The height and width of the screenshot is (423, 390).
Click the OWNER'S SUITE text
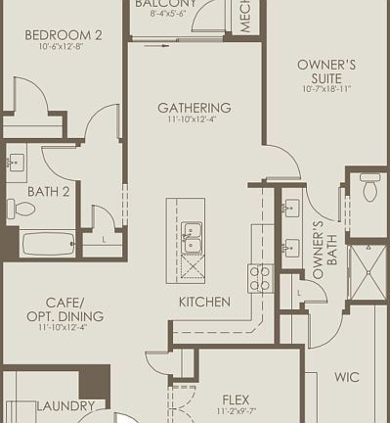click(x=325, y=70)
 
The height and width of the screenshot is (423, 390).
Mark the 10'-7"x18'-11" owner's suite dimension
click(x=325, y=88)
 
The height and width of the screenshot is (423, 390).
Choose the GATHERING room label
click(x=194, y=108)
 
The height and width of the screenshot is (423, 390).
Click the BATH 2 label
click(x=48, y=192)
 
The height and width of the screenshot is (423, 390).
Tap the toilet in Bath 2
click(x=22, y=208)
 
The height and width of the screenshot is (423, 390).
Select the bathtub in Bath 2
click(x=47, y=242)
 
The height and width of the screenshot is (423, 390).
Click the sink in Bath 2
click(x=17, y=164)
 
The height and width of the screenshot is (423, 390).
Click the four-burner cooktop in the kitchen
click(x=260, y=277)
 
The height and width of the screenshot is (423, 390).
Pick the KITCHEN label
click(x=204, y=302)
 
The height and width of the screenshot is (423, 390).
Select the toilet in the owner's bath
click(x=370, y=186)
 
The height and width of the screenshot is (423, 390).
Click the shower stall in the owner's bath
click(x=368, y=270)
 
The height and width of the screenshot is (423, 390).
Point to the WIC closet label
click(x=346, y=376)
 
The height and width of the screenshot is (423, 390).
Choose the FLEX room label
click(x=236, y=399)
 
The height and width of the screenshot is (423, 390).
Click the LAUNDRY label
click(x=65, y=405)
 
